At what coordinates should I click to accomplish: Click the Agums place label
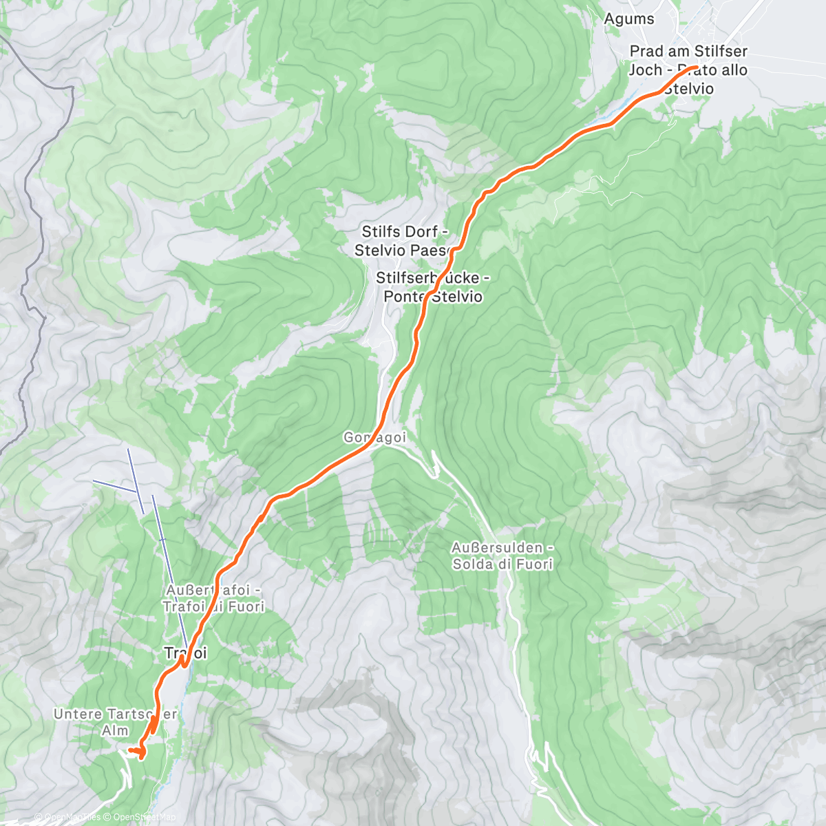pos(628,19)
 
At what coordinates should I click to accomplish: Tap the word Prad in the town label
pos(647,52)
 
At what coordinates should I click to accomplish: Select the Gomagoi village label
pos(374,438)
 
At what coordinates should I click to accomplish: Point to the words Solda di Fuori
pos(502,564)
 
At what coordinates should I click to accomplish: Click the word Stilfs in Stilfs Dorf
pos(381,232)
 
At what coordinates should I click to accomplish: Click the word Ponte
pos(405,297)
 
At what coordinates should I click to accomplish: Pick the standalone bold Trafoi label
pos(185,653)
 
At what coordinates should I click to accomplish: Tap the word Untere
pos(77,714)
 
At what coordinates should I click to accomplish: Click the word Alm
pos(114,731)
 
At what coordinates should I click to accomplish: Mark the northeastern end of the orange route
pos(697,67)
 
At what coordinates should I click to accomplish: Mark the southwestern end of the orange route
pos(130,750)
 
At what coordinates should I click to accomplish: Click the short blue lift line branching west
pos(114,485)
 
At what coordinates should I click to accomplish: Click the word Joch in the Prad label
pos(645,70)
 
